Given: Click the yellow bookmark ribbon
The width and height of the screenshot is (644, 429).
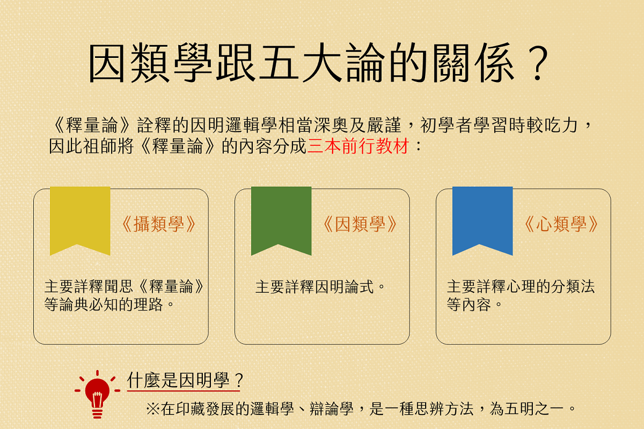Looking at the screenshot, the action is point(80,218).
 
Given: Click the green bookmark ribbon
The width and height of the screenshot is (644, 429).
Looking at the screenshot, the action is point(281,218).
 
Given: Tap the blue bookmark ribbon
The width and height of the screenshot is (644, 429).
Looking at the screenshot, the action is point(482,218).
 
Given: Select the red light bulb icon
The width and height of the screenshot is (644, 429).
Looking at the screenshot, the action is point(97,394).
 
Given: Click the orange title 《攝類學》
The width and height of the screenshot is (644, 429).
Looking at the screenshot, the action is point(159,224).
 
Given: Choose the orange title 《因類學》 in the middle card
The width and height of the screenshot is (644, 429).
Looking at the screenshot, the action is point(360,224).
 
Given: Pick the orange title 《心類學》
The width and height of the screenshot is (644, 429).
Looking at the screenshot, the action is point(561,224).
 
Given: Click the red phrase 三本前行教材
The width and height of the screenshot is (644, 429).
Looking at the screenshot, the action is point(358,146).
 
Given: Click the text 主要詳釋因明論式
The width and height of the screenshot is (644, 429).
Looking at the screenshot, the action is point(314,287).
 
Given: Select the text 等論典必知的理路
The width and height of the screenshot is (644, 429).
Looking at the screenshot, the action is point(104,304).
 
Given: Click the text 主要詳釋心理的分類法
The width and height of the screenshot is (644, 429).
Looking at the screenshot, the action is point(521,287).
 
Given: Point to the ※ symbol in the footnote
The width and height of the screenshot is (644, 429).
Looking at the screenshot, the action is point(153,409).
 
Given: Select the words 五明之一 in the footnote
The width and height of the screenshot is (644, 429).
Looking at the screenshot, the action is point(534,409).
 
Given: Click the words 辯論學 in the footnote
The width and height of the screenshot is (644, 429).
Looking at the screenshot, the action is point(331,409).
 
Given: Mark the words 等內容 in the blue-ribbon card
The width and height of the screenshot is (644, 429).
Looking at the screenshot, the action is point(469,304).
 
